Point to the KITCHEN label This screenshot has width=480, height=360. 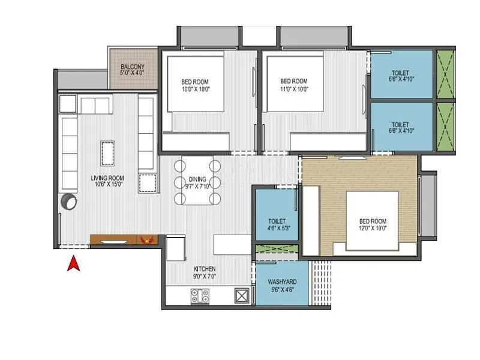tap(205, 272)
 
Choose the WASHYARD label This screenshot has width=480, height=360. tap(281, 286)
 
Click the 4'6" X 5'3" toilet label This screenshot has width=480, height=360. tap(277, 229)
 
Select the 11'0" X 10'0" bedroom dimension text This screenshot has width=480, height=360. tap(293, 89)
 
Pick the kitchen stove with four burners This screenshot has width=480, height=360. tap(200, 295)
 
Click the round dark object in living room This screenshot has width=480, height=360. tap(68, 201)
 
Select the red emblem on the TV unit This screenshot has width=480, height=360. tap(144, 240)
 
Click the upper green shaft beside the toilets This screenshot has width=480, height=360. tap(445, 74)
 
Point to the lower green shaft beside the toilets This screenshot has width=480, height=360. tap(445, 127)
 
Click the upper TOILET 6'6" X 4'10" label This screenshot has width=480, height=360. tap(401, 76)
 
